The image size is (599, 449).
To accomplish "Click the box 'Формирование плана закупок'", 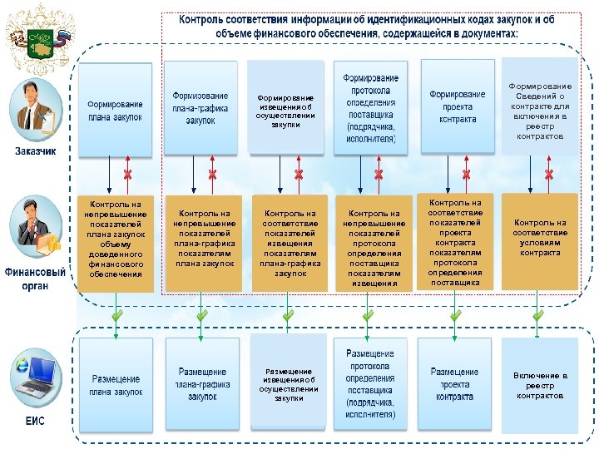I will click(116, 111).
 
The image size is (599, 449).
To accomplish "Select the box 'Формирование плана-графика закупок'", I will click(200, 109).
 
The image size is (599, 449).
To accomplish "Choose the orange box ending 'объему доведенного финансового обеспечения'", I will click(116, 242).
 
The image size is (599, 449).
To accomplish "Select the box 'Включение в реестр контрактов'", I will click(540, 386).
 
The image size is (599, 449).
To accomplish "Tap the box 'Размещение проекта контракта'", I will click(454, 385).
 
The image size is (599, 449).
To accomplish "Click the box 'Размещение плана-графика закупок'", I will click(200, 385).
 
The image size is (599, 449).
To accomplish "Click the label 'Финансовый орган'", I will click(35, 279).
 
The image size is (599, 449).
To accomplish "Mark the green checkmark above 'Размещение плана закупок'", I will click(117, 315).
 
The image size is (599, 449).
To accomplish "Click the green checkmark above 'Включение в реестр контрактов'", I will click(538, 315).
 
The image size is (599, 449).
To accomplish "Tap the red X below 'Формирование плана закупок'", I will click(128, 175).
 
